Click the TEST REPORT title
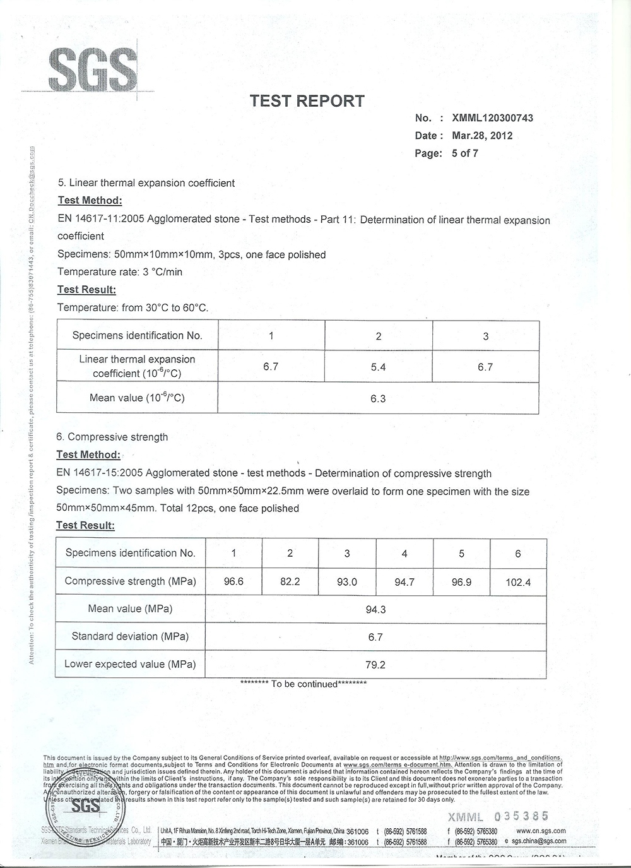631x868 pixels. tap(307, 101)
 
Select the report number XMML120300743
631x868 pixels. tap(492, 118)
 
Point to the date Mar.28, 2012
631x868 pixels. tap(482, 136)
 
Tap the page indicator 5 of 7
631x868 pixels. tap(465, 153)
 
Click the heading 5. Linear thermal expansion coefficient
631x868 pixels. tap(146, 183)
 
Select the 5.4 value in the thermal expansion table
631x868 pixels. tap(378, 367)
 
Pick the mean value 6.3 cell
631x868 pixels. tap(378, 399)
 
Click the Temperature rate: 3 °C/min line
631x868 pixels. tap(120, 272)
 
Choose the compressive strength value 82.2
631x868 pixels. tap(290, 581)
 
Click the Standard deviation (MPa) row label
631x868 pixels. tap(130, 636)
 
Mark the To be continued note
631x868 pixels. tap(304, 684)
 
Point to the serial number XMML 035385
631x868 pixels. tap(498, 817)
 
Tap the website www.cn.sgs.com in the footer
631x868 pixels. tap(541, 831)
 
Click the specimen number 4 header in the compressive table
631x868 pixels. tap(404, 554)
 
